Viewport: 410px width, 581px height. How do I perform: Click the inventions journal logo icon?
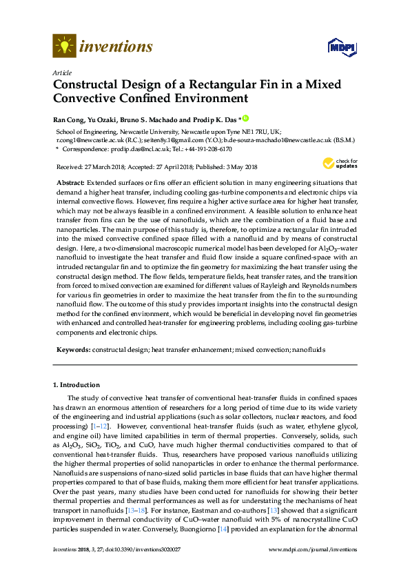point(64,46)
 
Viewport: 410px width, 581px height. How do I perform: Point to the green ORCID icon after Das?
point(244,118)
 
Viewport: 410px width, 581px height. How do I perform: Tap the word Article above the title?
point(61,72)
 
